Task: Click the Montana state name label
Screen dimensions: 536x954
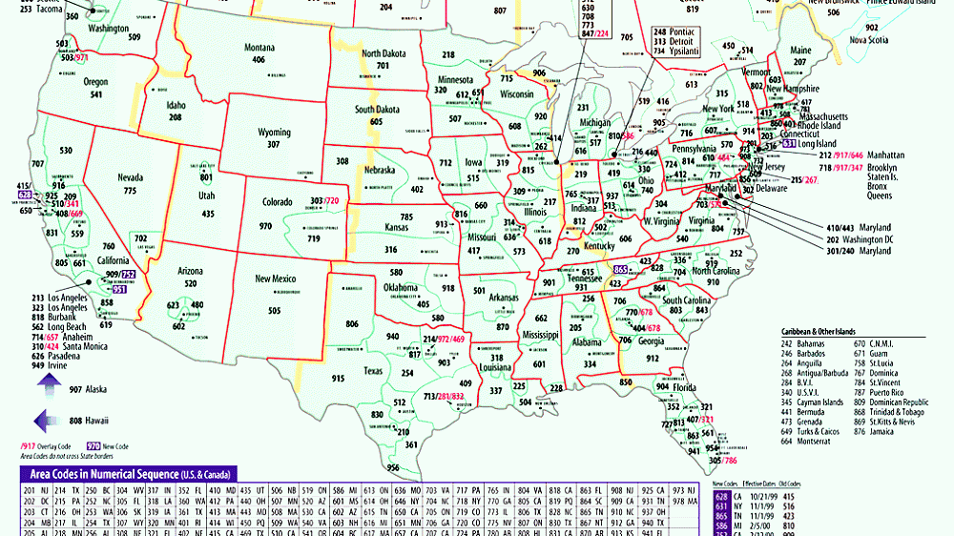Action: (x=259, y=48)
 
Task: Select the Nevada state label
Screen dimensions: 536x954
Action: (x=130, y=177)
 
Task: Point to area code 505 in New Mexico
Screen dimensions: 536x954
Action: (x=275, y=310)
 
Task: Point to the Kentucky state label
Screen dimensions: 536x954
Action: (x=599, y=246)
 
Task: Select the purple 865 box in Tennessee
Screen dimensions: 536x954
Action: (x=621, y=270)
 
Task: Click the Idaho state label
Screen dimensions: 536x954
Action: (x=175, y=105)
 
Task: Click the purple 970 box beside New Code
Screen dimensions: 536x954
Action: (x=93, y=445)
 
